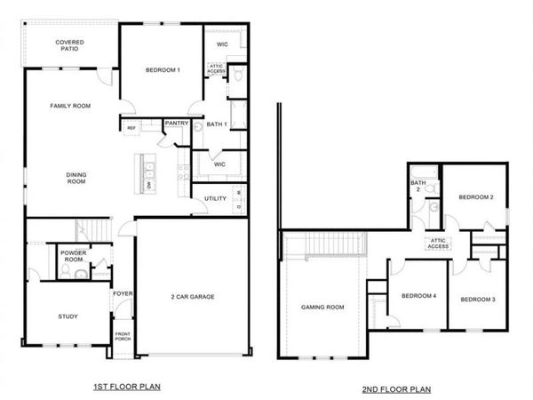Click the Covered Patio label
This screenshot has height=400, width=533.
point(70,45)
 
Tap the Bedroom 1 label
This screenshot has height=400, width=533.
point(163,69)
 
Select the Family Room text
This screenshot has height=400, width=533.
point(70,106)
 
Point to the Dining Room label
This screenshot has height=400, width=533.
point(76,179)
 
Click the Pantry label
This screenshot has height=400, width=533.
point(177,124)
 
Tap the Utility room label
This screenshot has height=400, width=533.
point(215,198)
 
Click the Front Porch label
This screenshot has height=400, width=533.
point(122,338)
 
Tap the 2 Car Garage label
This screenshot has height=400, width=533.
point(193,297)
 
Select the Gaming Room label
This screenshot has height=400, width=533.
point(323,307)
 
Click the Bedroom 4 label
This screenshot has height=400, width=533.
point(418,296)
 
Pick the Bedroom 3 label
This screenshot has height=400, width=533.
point(477,300)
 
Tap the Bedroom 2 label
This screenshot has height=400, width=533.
point(475,197)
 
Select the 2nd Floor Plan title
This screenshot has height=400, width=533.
point(396,389)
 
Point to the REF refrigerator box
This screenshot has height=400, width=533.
point(131,128)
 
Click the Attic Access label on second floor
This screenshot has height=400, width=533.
point(436,243)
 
